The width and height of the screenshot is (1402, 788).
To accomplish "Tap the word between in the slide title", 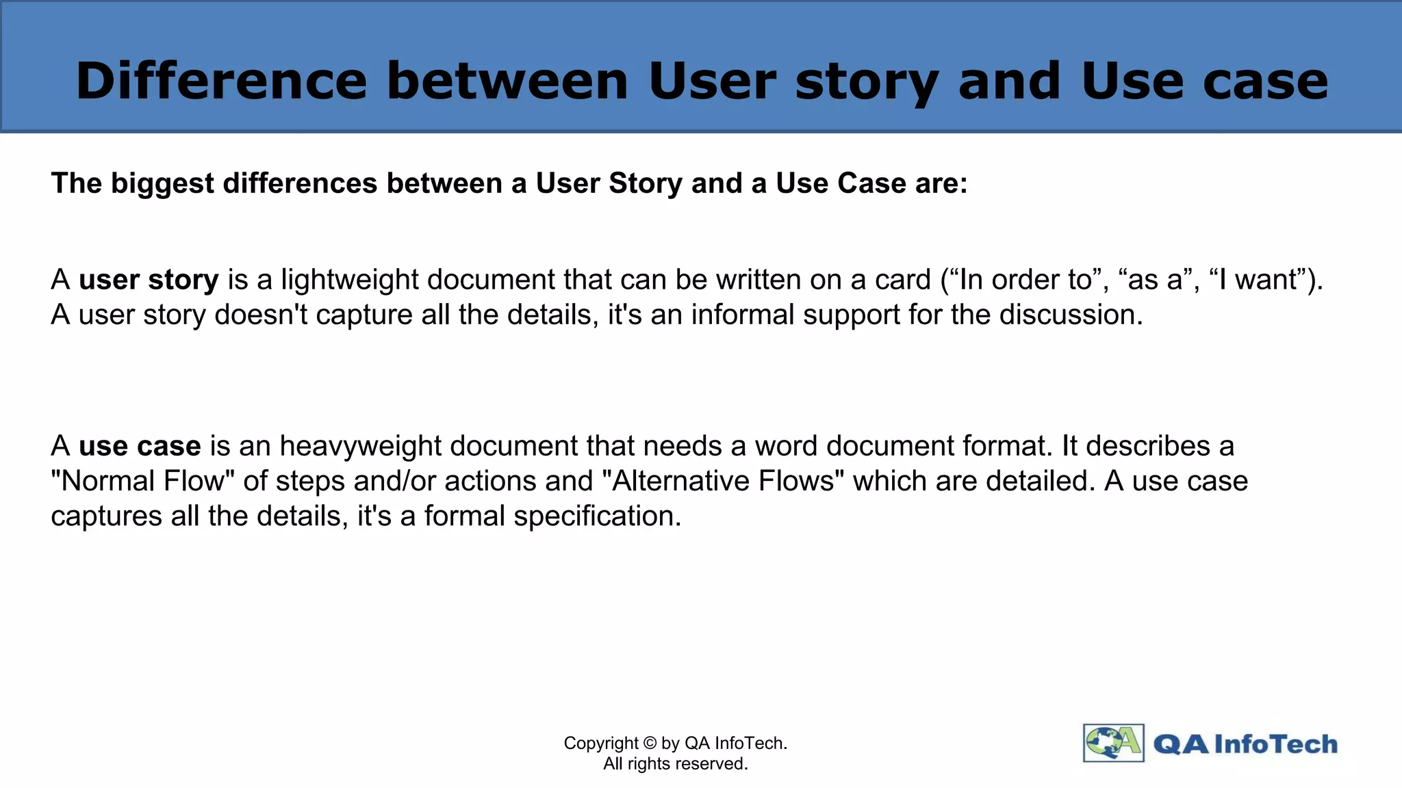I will point(507,81).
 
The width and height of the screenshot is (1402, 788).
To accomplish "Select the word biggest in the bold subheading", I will point(162,183).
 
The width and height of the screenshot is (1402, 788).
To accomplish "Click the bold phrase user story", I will point(149,280).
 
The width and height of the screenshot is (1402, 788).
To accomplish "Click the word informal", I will point(742,315).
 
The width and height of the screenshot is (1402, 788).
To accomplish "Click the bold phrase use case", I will point(140,446).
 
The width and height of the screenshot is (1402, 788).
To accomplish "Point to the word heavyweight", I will point(360,446).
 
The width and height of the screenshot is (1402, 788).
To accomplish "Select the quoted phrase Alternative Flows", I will point(723,481).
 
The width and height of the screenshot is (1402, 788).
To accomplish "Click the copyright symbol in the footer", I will point(650,744).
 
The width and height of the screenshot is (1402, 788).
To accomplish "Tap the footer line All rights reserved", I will point(675,764).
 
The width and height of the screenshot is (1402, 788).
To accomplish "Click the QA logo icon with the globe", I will point(1113,743).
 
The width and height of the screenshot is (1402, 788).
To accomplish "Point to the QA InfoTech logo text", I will point(1245,744).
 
